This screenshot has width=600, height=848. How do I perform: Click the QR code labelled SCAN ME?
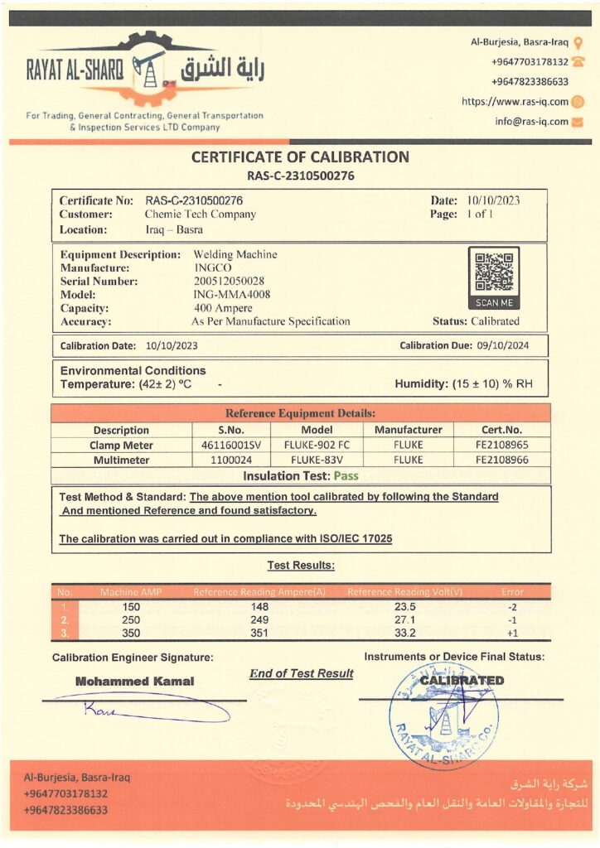(x=493, y=271)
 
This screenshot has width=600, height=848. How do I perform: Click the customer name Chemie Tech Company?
(x=201, y=214)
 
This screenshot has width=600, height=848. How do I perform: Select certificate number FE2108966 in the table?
(x=501, y=460)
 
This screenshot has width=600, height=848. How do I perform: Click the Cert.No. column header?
(x=501, y=431)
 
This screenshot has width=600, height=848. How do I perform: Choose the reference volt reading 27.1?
(x=404, y=619)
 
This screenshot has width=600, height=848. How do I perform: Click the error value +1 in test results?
(x=513, y=633)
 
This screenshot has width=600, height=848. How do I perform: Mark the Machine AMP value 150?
(x=130, y=606)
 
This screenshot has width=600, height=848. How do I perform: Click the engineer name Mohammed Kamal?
(x=134, y=682)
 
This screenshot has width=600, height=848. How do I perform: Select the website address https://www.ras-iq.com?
(x=515, y=102)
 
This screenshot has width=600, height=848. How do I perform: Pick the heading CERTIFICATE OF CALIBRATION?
(x=300, y=157)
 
